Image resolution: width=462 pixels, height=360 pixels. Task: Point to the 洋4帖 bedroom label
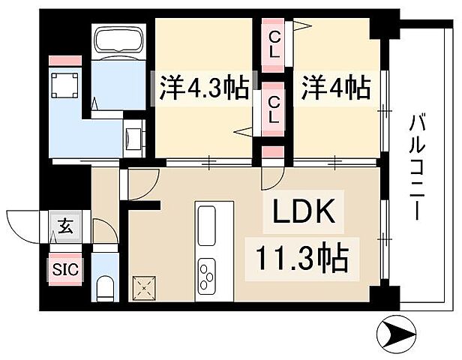point(336,88)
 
